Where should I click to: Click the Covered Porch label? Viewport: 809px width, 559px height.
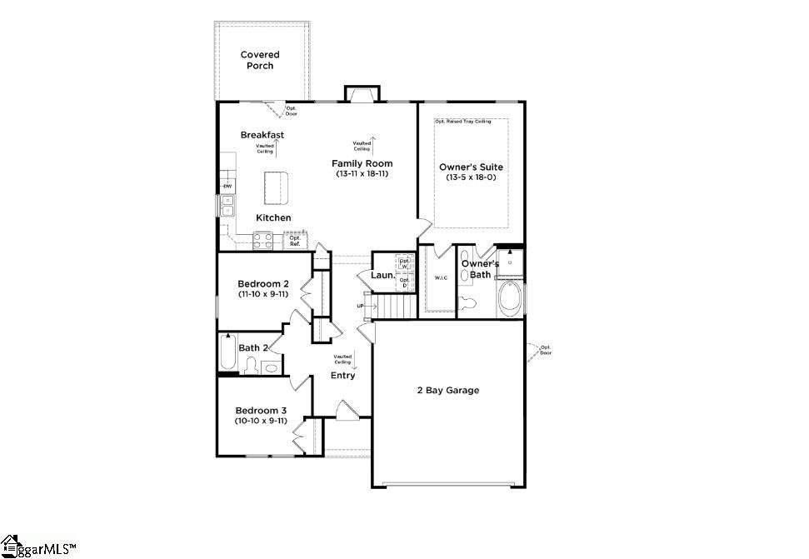260,60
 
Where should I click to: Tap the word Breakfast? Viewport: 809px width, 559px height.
262,135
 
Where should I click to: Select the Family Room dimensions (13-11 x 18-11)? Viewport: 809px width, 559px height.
362,174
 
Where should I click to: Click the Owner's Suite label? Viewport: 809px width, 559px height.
471,167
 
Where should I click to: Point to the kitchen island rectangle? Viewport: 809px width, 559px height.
276,188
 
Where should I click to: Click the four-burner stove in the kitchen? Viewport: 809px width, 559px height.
264,241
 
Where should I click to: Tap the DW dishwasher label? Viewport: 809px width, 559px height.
226,186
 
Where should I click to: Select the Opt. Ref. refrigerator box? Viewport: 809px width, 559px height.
295,241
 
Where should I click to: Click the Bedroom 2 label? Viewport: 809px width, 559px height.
263,284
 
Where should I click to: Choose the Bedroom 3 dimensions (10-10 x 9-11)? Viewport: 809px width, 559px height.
261,422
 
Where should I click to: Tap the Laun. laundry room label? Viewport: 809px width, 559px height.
382,274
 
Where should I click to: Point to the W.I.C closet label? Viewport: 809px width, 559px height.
441,277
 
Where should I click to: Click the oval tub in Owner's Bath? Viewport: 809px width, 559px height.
510,298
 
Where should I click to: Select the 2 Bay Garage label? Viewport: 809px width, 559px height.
447,390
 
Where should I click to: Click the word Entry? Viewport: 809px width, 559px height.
342,375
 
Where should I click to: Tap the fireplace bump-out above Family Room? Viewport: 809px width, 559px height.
362,93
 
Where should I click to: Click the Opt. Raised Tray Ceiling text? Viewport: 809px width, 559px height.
462,122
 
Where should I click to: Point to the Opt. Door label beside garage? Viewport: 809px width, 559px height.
546,350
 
